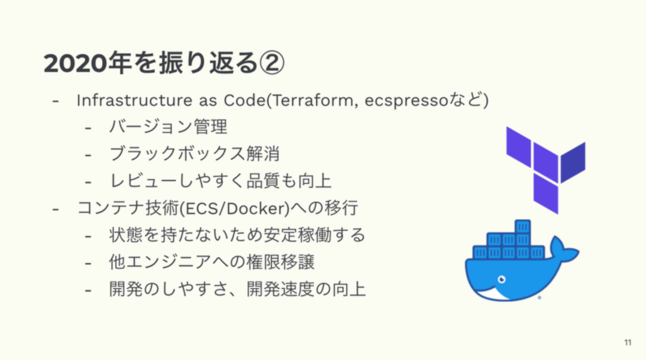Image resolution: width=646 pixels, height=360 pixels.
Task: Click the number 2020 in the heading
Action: [75, 63]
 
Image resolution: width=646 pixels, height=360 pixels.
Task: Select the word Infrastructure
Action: [135, 100]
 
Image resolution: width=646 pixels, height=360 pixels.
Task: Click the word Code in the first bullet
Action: [244, 100]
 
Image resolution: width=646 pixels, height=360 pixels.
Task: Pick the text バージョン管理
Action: [168, 126]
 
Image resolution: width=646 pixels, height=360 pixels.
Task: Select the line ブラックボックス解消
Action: [195, 153]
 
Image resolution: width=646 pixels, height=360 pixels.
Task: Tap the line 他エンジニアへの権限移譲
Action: [212, 262]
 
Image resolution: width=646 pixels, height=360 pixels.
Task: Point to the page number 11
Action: [628, 343]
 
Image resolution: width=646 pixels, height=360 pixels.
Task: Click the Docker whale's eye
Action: [502, 279]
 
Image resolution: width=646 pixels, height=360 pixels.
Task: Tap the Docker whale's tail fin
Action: [564, 250]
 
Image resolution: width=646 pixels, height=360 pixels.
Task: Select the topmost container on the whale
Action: [523, 226]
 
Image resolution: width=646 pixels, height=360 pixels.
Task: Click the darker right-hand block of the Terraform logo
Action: [573, 163]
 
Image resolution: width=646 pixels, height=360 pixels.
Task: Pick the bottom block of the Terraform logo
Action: [546, 194]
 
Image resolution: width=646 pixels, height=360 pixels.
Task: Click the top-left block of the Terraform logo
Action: [519, 147]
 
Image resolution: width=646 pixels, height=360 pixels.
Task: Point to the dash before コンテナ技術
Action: [55, 209]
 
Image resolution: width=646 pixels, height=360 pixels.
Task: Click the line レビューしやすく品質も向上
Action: [221, 181]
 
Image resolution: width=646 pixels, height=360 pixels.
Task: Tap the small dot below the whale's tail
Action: [539, 298]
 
